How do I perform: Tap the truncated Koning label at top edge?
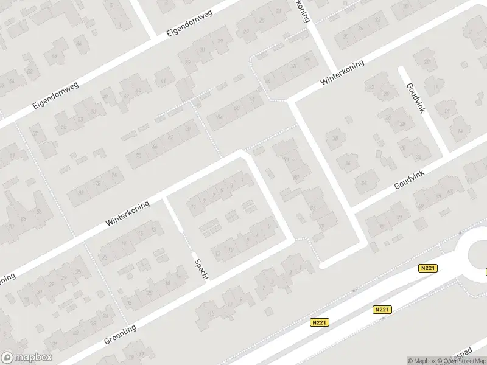click(x=303, y=10)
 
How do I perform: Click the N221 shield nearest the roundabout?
click(x=429, y=268)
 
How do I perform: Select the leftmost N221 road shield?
click(x=320, y=322)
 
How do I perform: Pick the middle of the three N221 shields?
click(x=382, y=310)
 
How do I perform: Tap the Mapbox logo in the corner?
click(x=27, y=358)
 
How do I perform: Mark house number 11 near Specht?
click(x=194, y=207)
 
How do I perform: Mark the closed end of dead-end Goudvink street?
click(x=402, y=69)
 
